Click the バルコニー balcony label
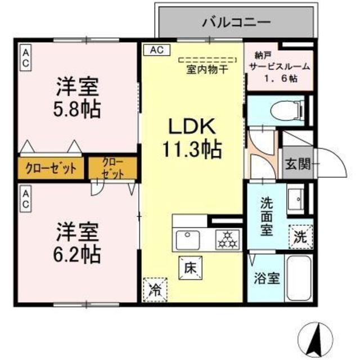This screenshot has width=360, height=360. (x=236, y=22)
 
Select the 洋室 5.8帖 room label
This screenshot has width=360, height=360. (x=78, y=98)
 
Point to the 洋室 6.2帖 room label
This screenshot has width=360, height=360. (x=78, y=243)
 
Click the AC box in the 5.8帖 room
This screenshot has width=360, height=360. (x=25, y=58)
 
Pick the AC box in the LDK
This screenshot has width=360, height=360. (x=156, y=50)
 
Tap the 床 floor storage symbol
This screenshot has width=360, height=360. (x=188, y=267)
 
